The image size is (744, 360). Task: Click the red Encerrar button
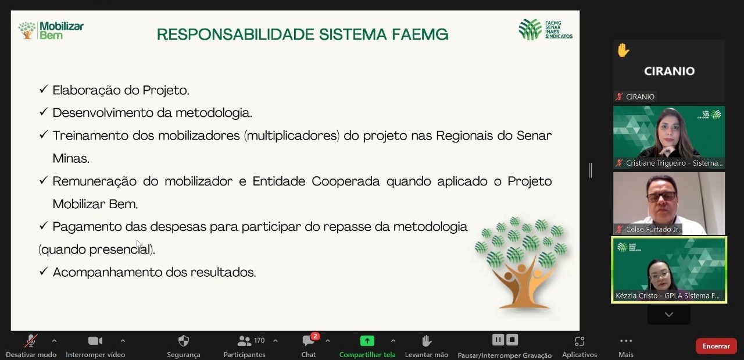[716, 346]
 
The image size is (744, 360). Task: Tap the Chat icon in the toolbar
[308, 341]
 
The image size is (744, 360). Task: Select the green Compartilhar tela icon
[367, 341]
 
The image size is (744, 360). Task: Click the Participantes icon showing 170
[245, 341]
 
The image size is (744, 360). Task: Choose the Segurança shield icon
[183, 341]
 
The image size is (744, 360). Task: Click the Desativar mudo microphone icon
[31, 341]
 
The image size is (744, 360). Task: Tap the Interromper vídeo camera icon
[95, 341]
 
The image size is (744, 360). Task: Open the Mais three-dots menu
[626, 341]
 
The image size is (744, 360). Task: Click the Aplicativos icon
[580, 341]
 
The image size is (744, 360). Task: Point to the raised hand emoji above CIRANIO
[624, 51]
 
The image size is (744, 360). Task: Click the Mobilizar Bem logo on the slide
[51, 31]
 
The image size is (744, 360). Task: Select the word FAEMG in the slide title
[420, 34]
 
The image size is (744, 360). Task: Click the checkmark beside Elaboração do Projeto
[44, 89]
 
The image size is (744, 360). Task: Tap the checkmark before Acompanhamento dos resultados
[44, 271]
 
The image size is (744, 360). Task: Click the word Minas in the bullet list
[71, 158]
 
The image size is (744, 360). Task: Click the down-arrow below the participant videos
[669, 315]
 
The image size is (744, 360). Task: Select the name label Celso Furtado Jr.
[653, 229]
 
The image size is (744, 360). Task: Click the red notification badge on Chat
[315, 336]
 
